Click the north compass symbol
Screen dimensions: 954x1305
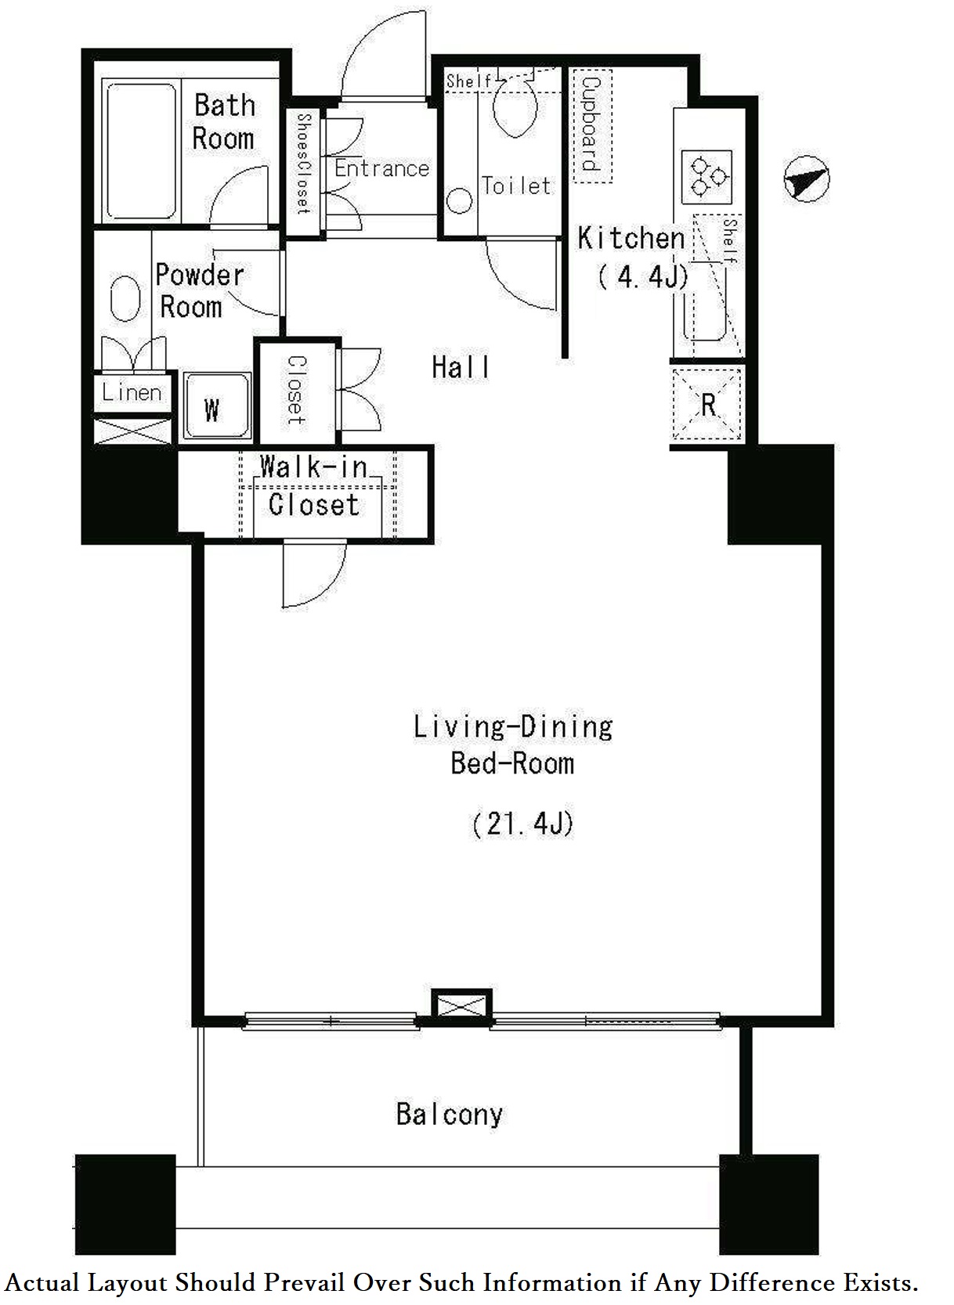pos(807,178)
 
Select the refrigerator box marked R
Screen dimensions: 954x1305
pos(707,404)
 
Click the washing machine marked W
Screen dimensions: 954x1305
pos(218,406)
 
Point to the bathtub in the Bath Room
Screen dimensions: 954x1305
pos(142,151)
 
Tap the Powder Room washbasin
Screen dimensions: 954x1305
pos(125,297)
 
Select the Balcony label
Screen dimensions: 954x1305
pos(450,1115)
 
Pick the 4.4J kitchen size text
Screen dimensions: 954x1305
pos(643,276)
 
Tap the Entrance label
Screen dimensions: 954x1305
pos(381,168)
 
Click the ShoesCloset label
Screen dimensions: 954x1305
pos(304,164)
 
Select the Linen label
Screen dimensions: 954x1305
pos(132,392)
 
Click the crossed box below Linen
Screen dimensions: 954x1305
pos(133,431)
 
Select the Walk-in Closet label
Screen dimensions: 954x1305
pos(314,486)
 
